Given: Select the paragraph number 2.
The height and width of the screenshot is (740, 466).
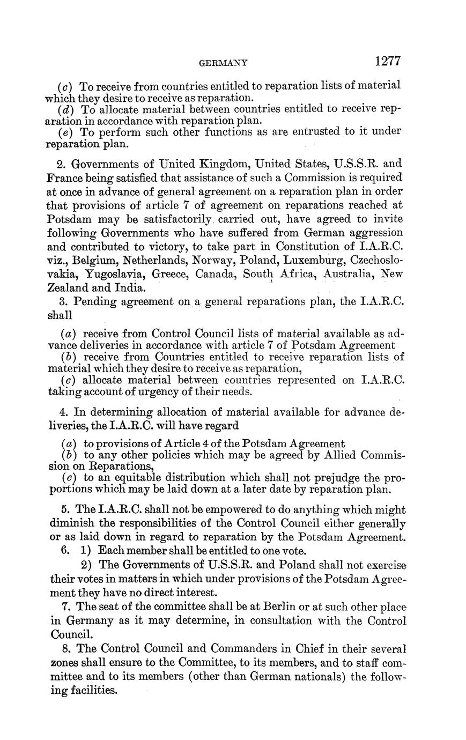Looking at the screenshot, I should point(61,163).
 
